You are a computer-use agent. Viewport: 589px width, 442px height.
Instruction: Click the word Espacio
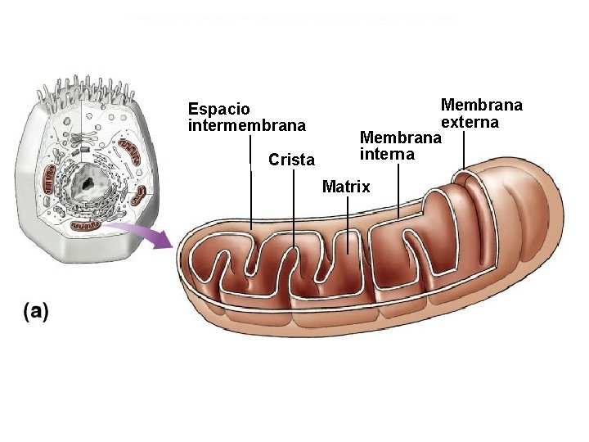[x=219, y=109]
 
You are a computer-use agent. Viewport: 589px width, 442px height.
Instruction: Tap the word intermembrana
[x=247, y=126]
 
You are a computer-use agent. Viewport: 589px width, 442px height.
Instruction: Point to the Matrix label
[x=346, y=187]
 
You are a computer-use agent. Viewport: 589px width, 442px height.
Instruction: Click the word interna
[x=387, y=155]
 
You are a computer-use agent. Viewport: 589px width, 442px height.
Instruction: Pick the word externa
[x=470, y=122]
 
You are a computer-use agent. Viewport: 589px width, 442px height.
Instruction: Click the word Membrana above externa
[x=481, y=106]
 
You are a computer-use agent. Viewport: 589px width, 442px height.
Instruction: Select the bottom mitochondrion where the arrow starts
[x=85, y=223]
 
